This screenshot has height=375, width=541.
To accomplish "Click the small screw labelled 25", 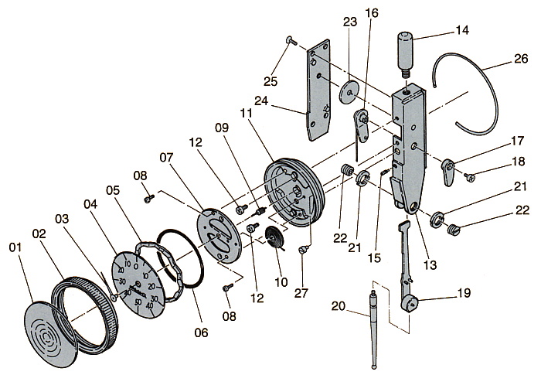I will [x=290, y=39].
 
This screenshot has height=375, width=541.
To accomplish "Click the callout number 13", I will [x=430, y=265].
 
